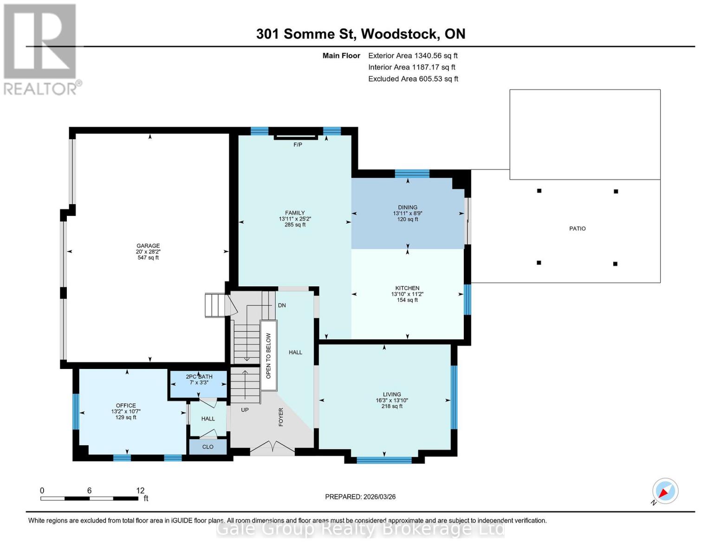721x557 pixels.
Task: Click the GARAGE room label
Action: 148,246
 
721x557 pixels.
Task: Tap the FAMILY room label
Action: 295,213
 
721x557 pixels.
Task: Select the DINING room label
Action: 408,207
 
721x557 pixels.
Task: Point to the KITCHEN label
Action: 407,288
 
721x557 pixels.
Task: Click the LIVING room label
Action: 392,395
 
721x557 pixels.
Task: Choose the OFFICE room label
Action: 126,406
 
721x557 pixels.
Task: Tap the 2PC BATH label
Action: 199,377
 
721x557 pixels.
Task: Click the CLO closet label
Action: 208,447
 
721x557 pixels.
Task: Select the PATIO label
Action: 577,229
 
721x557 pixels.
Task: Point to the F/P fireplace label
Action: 298,145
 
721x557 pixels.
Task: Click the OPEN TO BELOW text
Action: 268,356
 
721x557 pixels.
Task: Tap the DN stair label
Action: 282,305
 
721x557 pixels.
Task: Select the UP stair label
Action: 245,410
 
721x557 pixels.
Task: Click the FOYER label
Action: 281,417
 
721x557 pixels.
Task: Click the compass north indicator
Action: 665,491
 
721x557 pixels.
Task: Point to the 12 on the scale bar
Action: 140,491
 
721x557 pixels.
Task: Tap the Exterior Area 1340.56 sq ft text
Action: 413,56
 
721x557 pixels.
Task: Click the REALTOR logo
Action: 41,49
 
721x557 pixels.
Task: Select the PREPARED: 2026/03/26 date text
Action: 360,497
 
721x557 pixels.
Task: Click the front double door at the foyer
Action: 272,448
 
